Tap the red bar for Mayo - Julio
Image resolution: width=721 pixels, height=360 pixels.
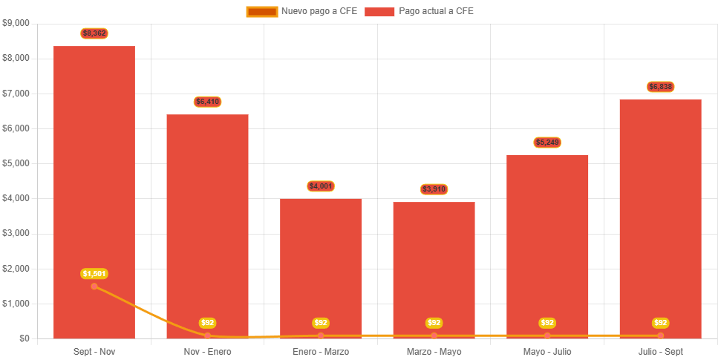click(547, 245)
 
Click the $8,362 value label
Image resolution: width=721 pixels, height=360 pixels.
click(94, 33)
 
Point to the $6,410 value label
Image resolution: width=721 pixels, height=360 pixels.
click(208, 102)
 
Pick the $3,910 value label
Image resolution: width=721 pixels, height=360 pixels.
click(434, 189)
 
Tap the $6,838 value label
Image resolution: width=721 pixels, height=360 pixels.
click(661, 87)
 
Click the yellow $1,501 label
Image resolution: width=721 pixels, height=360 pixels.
click(94, 274)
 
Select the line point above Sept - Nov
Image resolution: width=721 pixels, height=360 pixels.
click(94, 287)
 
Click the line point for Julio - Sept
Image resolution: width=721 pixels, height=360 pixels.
click(661, 336)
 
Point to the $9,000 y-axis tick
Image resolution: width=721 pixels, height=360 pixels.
click(16, 23)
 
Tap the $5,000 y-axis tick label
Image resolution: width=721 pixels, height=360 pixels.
click(16, 163)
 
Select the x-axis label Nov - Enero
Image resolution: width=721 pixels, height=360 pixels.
click(208, 351)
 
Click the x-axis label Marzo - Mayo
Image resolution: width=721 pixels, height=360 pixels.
click(434, 351)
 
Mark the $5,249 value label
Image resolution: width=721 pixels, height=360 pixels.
click(547, 143)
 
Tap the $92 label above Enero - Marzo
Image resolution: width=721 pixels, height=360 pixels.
click(321, 323)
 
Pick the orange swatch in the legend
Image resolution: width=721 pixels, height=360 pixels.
click(261, 11)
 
